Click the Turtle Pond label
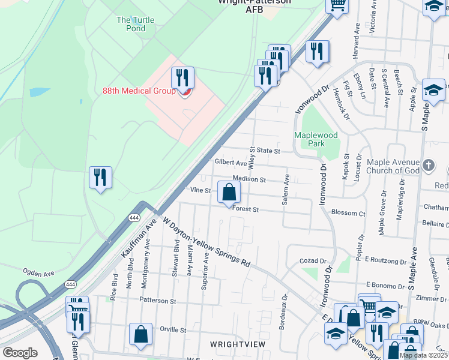click(135, 24)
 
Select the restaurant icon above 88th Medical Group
click(182, 77)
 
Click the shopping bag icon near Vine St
click(229, 193)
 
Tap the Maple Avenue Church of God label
click(391, 166)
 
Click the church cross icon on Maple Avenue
click(428, 165)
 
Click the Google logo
click(20, 353)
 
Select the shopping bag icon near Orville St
click(140, 335)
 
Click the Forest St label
click(246, 209)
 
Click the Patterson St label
click(157, 301)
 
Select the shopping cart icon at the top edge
click(337, 5)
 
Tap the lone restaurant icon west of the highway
click(100, 178)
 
